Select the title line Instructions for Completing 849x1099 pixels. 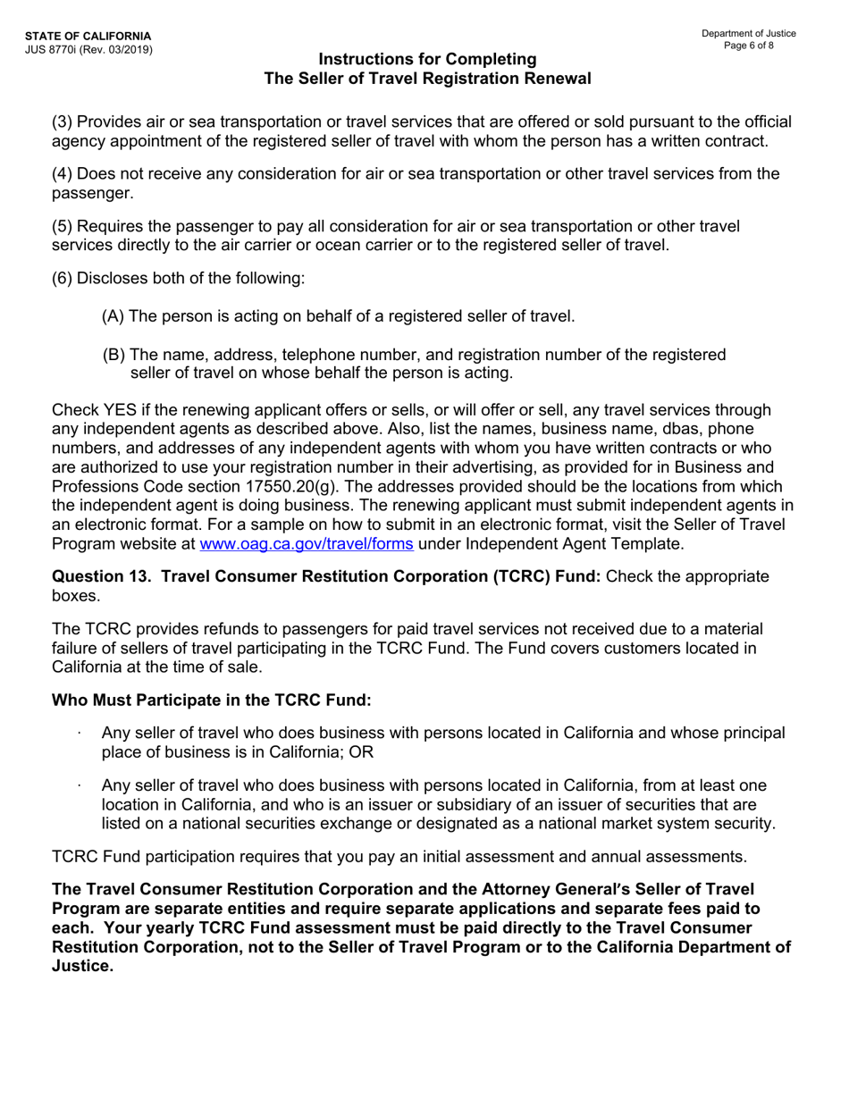[x=427, y=59]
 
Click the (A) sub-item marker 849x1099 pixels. [x=113, y=315]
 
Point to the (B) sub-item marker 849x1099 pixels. [x=113, y=355]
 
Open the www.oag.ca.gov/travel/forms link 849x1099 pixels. [x=307, y=542]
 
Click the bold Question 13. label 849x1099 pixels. [x=105, y=576]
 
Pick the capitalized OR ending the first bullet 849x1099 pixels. [x=361, y=751]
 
